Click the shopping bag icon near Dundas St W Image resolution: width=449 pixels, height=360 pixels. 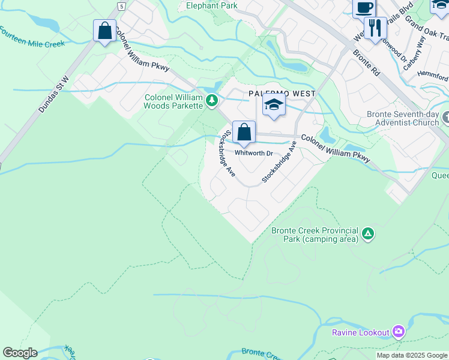(x=105, y=31)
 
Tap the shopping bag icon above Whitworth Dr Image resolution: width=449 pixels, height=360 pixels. (x=244, y=133)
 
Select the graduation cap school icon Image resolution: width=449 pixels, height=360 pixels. (x=273, y=106)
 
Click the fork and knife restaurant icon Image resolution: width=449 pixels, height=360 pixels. (x=375, y=28)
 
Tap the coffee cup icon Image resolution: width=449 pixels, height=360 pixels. (x=364, y=8)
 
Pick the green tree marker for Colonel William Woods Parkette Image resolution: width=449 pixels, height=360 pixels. (x=211, y=101)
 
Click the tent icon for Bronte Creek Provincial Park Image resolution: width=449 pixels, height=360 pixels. (x=368, y=234)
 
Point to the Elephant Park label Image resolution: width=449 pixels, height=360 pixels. (x=211, y=5)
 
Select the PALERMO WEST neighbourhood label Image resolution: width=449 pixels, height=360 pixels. (x=282, y=94)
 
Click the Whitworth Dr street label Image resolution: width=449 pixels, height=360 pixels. (x=254, y=153)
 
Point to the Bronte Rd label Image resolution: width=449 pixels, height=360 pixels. (x=367, y=62)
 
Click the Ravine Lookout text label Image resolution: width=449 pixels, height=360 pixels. (x=361, y=332)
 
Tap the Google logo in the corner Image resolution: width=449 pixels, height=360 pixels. (x=20, y=353)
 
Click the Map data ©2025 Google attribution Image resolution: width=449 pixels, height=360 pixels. (x=412, y=355)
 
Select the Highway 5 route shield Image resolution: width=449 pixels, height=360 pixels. (x=122, y=5)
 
